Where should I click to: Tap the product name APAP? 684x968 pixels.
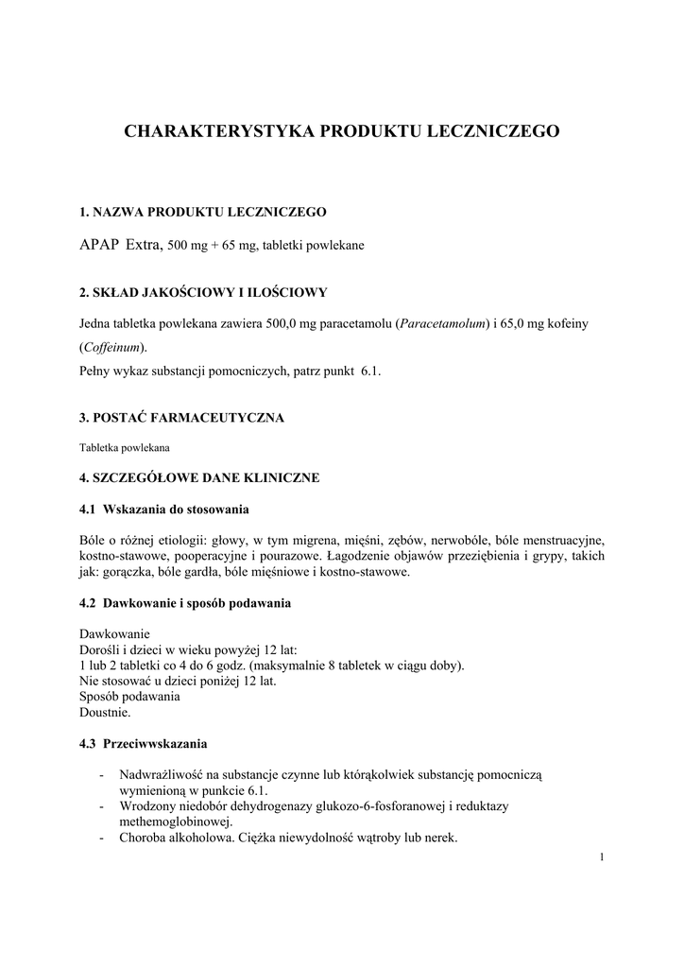point(99,244)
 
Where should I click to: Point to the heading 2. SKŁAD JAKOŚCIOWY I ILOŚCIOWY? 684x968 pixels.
point(203,292)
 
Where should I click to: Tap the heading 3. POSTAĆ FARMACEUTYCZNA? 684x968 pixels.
point(181,417)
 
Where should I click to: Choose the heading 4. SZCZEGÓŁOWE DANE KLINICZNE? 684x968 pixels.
point(199,477)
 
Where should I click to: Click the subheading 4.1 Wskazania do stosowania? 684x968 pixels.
point(164,510)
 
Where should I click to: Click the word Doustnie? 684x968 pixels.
point(106,712)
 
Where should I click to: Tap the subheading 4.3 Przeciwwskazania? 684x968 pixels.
point(144,743)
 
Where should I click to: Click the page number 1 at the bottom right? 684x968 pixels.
point(602,857)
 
